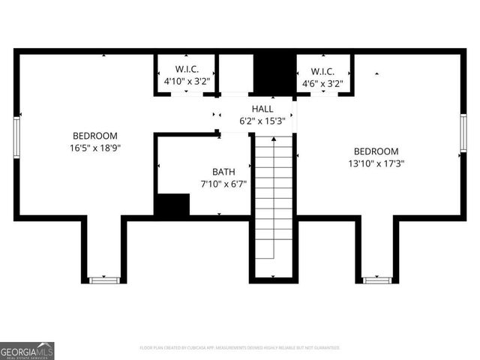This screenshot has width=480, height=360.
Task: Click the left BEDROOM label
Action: pos(95,136)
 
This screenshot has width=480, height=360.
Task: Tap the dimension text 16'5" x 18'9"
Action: pos(95,148)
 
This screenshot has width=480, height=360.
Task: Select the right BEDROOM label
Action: pos(376,151)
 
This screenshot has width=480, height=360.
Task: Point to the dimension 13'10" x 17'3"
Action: pos(376,163)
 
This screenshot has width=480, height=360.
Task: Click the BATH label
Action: pos(223,171)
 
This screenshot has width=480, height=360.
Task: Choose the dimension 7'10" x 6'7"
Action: pos(223,183)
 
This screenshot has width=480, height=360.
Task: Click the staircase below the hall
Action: pos(273,202)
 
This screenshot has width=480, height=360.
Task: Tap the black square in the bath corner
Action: pos(172,204)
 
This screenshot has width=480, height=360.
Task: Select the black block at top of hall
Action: pos(274,73)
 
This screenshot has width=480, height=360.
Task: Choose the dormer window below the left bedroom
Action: pos(104,280)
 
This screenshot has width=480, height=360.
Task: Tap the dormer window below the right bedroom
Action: pos(377,280)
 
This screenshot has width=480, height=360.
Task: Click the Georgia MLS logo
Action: pos(28,350)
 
